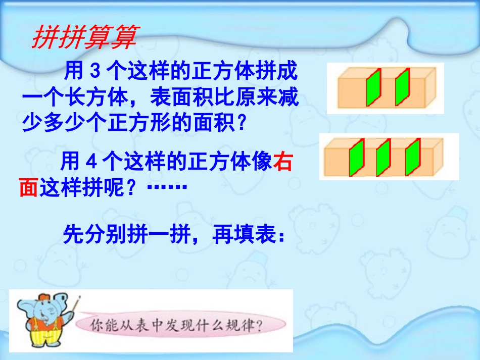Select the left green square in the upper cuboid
click(x=373, y=87)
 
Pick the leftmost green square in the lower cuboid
click(x=356, y=157)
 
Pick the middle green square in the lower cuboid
click(x=383, y=157)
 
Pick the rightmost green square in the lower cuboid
click(x=412, y=157)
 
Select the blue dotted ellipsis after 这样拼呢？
click(x=167, y=187)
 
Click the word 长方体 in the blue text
click(x=97, y=97)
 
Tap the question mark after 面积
click(x=240, y=123)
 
